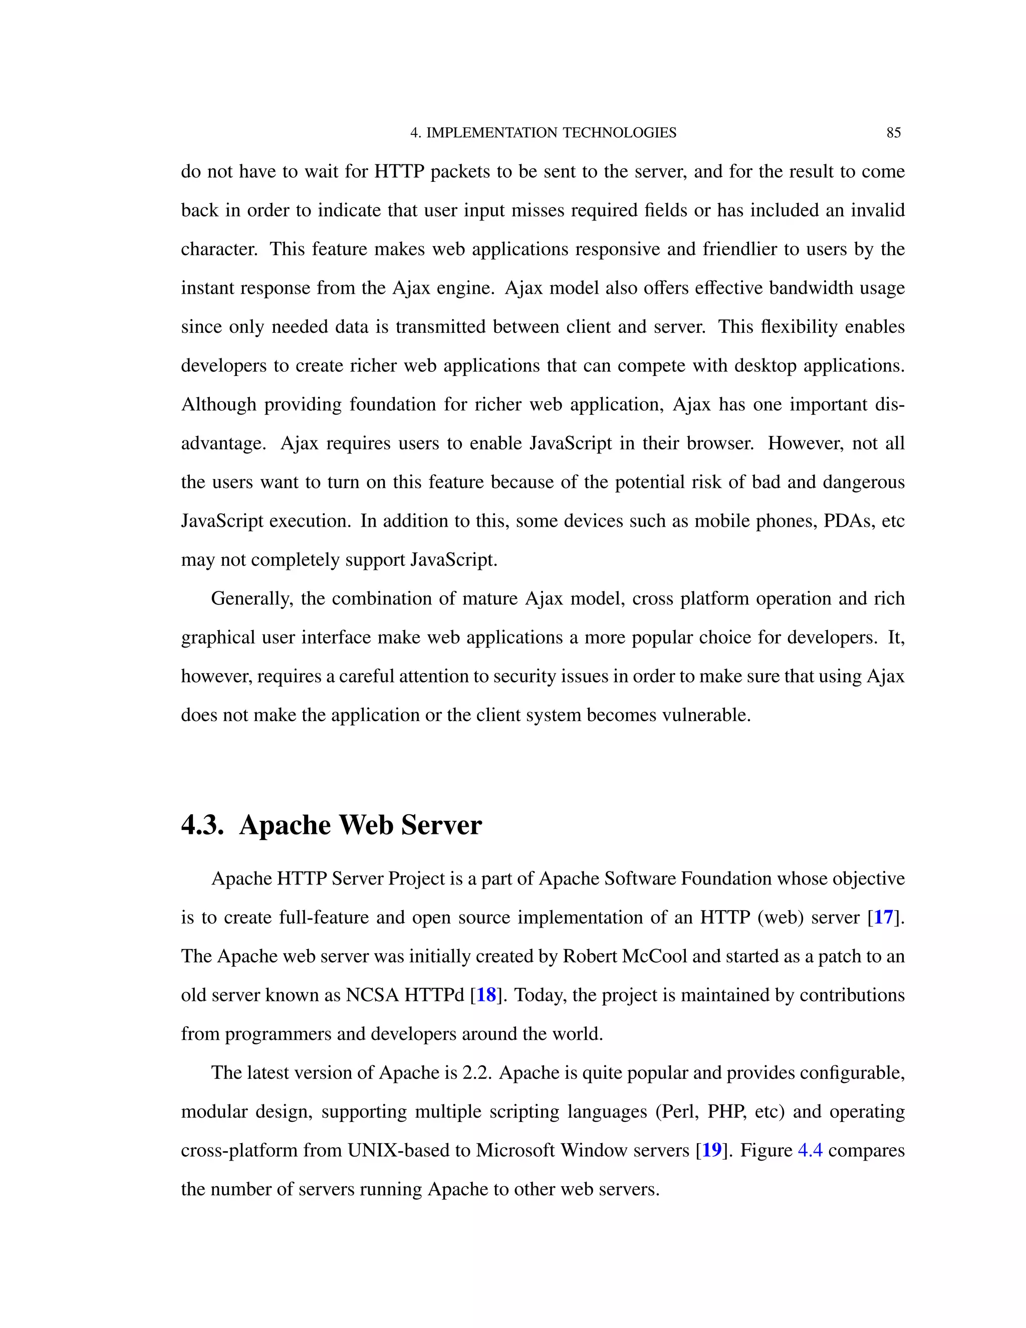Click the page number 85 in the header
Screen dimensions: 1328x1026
[x=894, y=133]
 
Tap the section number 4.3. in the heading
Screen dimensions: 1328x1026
[x=202, y=825]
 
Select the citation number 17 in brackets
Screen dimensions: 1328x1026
[x=883, y=917]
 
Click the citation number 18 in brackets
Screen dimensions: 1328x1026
[x=486, y=995]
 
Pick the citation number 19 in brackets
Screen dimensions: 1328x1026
[x=712, y=1150]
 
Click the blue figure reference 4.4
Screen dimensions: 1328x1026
[x=810, y=1150]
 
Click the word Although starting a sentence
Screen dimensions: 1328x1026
[x=219, y=404]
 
